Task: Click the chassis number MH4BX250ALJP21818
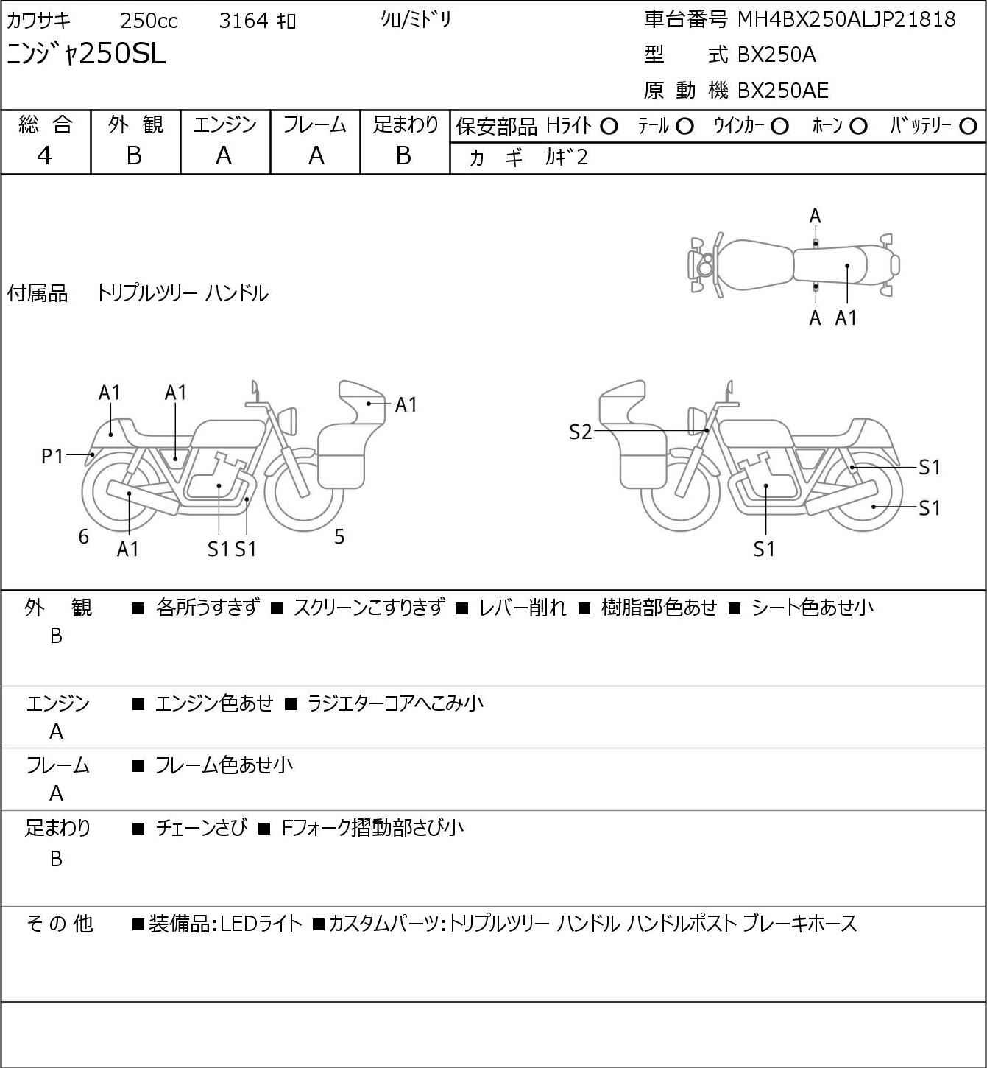click(x=846, y=20)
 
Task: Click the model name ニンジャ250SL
click(x=86, y=54)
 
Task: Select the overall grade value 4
click(x=45, y=156)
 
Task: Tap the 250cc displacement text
click(x=149, y=21)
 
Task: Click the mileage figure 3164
click(x=244, y=21)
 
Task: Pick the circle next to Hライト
click(x=609, y=127)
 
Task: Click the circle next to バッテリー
click(x=968, y=127)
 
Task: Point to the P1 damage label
click(x=53, y=456)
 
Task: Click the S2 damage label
click(x=581, y=432)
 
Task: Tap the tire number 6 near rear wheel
click(x=83, y=536)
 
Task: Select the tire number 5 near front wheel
click(x=339, y=536)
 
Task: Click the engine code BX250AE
click(x=782, y=91)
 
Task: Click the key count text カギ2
click(x=566, y=158)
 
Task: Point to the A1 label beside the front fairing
click(x=406, y=404)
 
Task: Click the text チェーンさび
click(x=202, y=828)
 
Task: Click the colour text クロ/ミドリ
click(x=416, y=20)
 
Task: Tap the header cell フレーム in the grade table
click(x=315, y=124)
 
